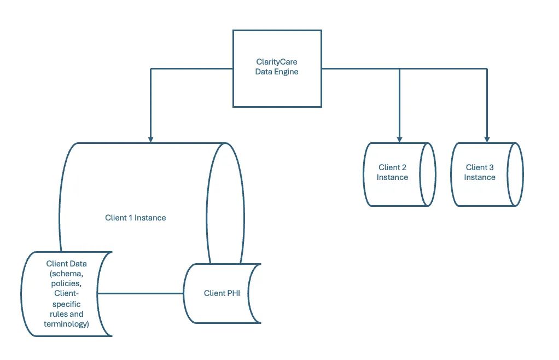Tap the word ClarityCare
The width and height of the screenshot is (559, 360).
277,62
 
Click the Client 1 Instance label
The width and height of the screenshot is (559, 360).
136,218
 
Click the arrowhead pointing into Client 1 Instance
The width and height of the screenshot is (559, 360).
151,140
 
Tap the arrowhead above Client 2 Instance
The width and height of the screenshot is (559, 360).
400,140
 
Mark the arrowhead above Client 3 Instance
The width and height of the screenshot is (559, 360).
487,140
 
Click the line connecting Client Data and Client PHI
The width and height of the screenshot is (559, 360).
141,294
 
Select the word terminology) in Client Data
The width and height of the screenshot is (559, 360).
66,324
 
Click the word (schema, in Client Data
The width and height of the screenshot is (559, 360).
67,274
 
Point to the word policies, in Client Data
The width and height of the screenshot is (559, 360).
66,284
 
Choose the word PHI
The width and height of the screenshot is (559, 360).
233,293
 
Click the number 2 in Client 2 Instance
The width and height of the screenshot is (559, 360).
404,167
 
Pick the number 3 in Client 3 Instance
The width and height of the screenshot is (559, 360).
491,167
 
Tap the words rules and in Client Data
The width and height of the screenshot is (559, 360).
67,314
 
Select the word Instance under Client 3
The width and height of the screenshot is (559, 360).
480,177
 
